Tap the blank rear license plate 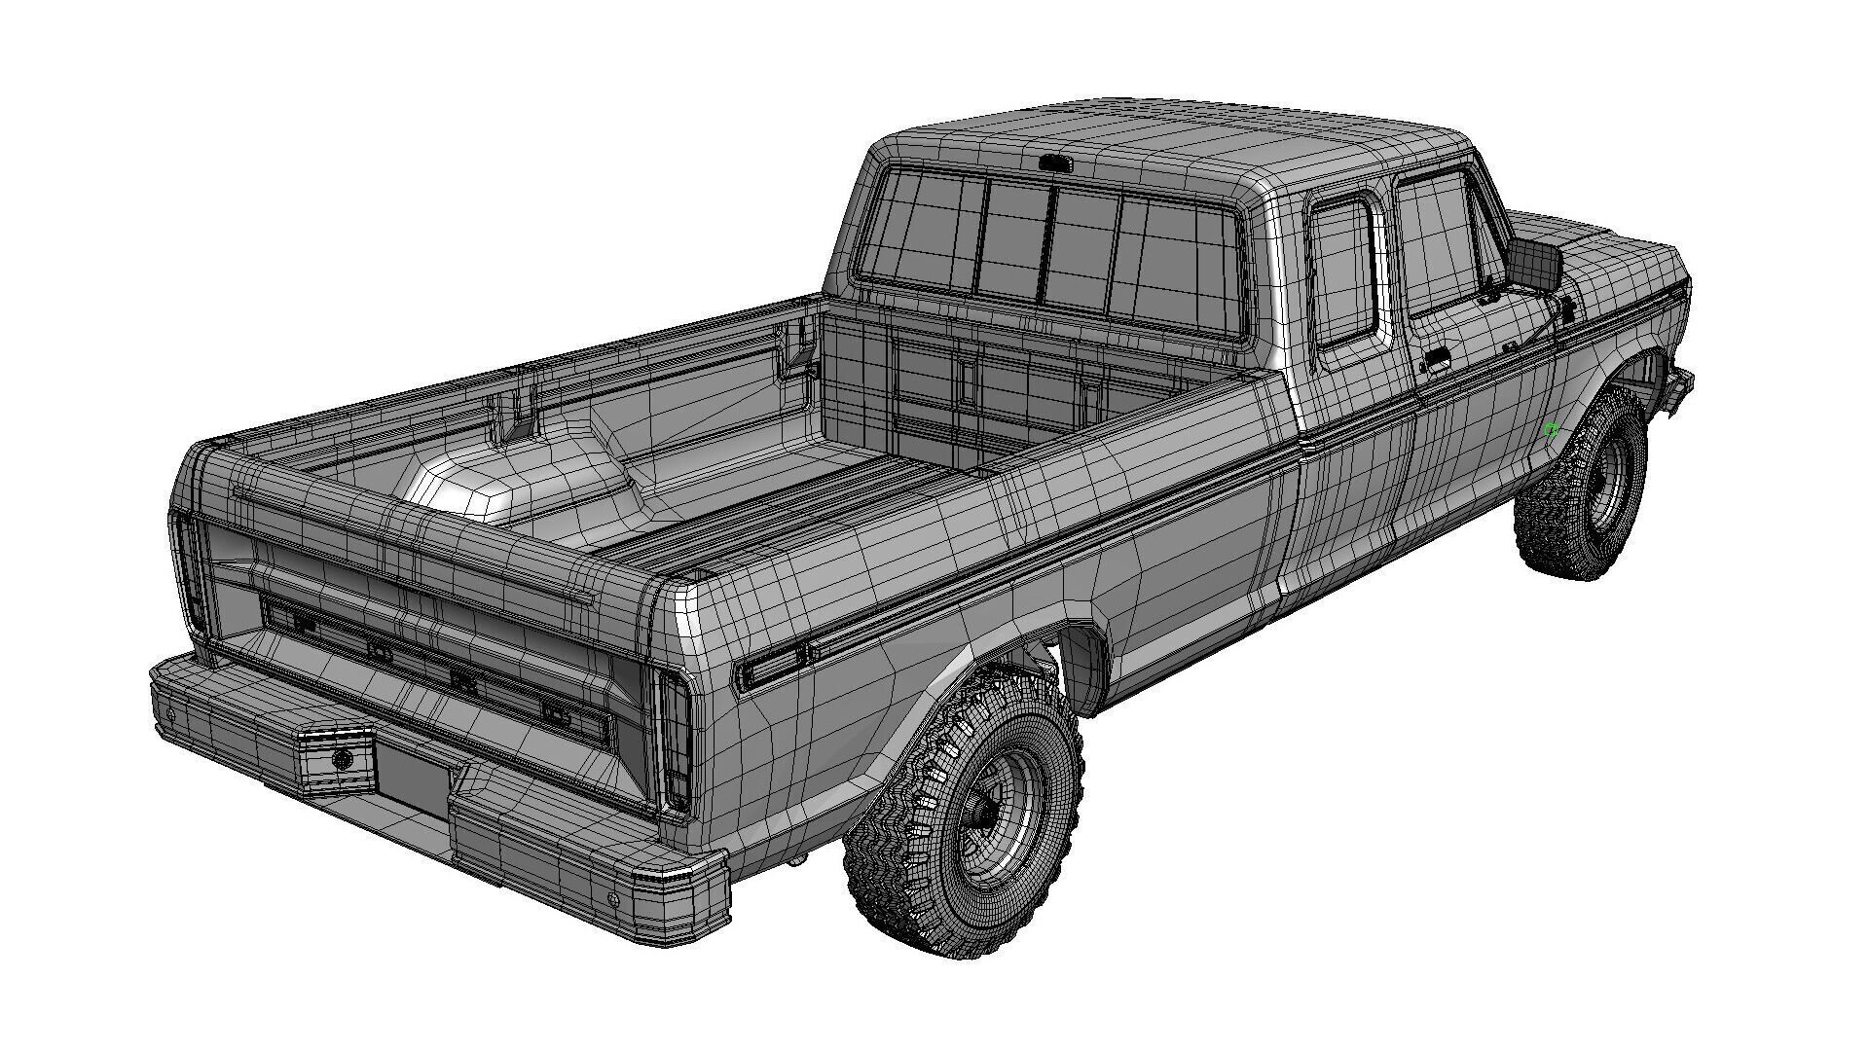412,774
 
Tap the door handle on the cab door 1433,364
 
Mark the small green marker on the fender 1552,430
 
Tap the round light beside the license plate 342,760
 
